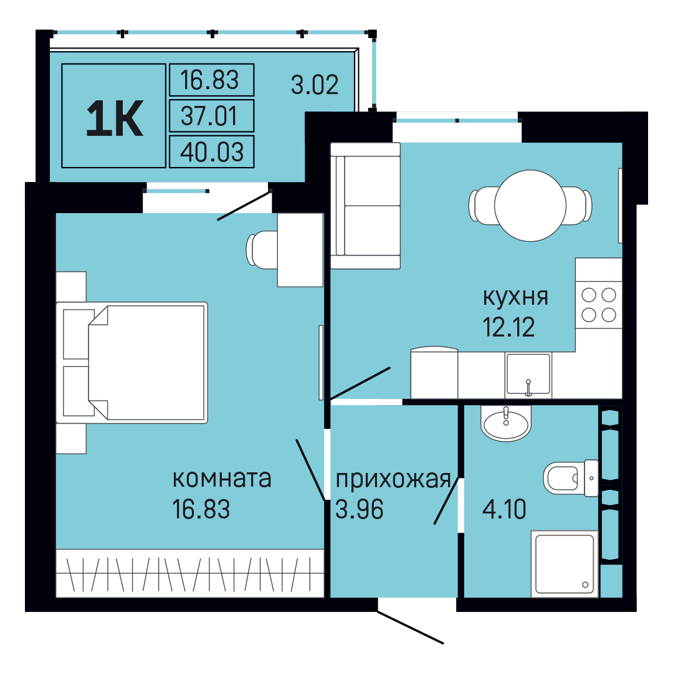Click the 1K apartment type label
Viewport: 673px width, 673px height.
pos(114,118)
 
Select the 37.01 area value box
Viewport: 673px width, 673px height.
pos(212,115)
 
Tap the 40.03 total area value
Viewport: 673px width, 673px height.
pos(212,152)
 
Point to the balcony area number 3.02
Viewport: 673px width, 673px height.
pos(315,85)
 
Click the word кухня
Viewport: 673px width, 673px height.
pos(515,297)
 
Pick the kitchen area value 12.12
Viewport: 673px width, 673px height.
pos(508,327)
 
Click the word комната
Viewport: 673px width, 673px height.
pos(222,479)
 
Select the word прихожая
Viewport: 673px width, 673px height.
pos(393,480)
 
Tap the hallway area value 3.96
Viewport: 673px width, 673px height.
pos(360,510)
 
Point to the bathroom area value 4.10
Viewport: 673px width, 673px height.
pos(504,510)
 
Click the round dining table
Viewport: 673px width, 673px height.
pos(530,206)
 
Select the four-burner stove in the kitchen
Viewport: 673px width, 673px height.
pos(599,305)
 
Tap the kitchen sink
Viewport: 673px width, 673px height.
pos(528,374)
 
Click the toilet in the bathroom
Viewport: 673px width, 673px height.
pos(571,478)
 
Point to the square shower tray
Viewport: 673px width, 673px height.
pos(565,563)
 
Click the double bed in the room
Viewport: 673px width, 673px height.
pos(131,363)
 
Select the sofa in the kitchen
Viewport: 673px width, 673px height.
pos(365,206)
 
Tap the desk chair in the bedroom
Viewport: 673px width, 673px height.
pos(262,250)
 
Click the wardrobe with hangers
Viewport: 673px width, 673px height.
pos(189,573)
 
